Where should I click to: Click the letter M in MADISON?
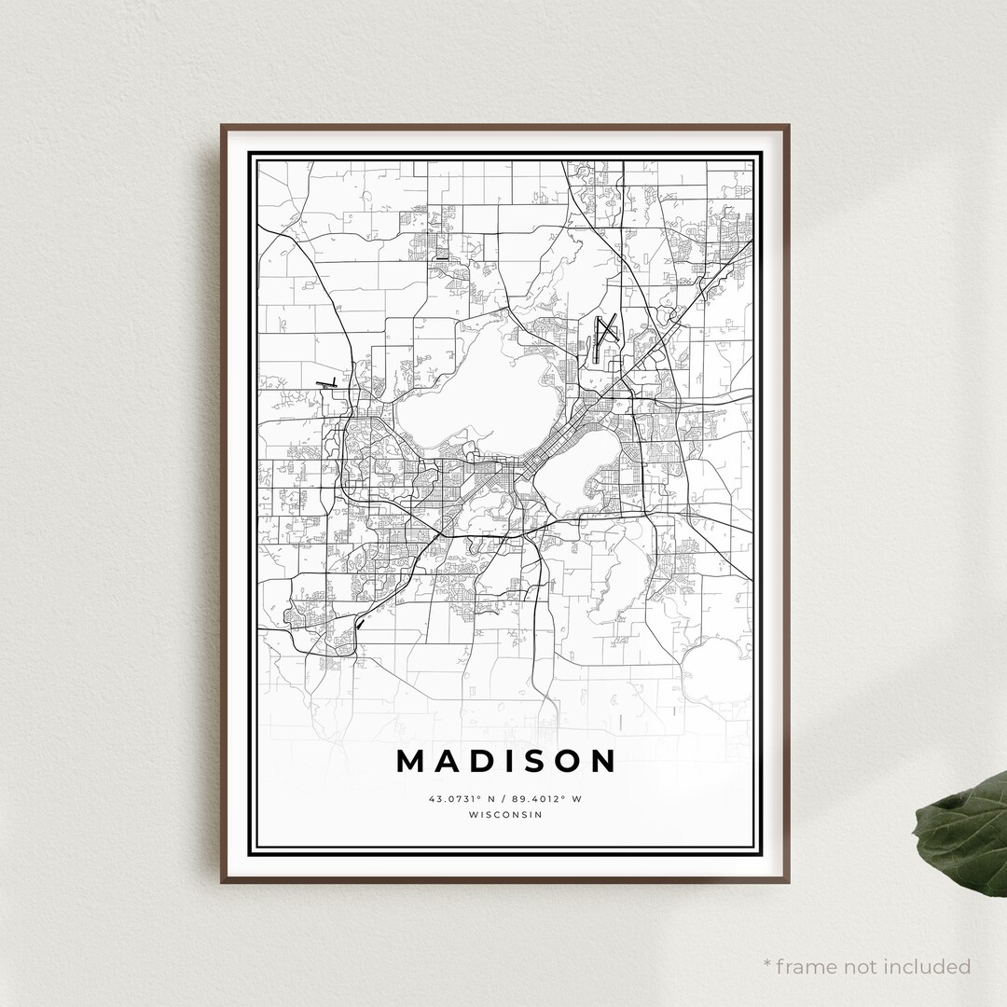[x=413, y=761]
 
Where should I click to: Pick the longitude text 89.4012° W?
[x=549, y=798]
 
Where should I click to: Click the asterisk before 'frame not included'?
[x=767, y=963]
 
